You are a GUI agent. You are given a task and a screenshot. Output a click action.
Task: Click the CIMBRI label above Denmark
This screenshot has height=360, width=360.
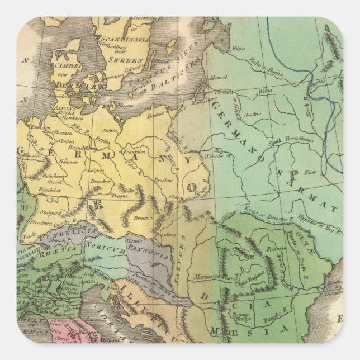coord(72,65)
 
